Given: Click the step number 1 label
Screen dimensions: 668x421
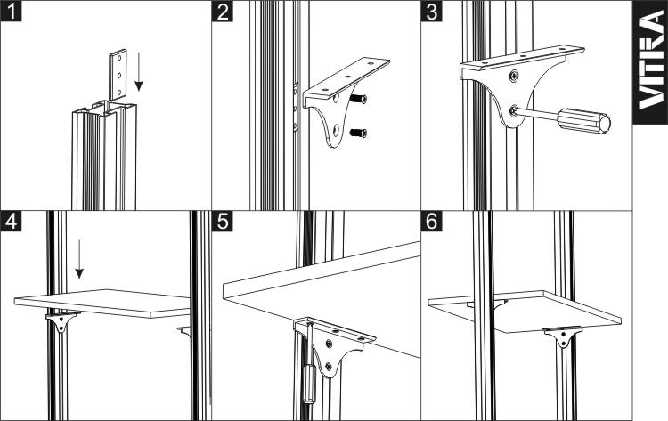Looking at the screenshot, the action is point(11,11).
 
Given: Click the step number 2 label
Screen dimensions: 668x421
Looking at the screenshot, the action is point(223,11).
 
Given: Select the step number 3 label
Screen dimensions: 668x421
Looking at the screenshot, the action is point(432,11).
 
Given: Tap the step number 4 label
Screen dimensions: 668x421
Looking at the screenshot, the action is point(11,221).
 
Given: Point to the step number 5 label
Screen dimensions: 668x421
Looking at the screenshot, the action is point(223,221).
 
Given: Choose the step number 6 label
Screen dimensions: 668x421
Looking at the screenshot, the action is point(432,221).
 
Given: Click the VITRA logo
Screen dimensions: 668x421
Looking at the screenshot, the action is point(650,62).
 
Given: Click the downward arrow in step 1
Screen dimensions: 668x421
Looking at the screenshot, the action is point(138,70).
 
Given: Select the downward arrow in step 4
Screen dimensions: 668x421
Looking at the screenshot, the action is point(79,259).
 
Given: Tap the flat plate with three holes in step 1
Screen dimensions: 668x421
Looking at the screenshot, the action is point(118,75).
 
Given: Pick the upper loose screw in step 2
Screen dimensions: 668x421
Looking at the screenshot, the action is point(358,99).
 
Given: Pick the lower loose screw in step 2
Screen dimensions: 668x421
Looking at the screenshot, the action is point(358,134).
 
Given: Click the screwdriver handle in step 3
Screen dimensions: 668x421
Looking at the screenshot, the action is point(584,121).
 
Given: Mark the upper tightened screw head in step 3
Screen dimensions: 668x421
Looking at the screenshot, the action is point(514,76).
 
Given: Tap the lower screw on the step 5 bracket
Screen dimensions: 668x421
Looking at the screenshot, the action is point(328,366).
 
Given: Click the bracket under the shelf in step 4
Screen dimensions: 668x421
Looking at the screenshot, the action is point(62,321).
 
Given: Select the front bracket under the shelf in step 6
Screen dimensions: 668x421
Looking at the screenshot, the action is point(562,336).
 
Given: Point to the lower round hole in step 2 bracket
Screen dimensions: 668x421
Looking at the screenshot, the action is point(336,130).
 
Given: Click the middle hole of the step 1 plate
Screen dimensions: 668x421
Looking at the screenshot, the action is point(118,76).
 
